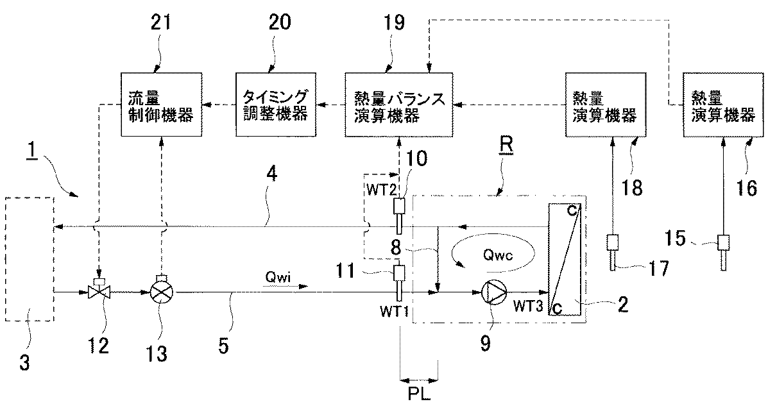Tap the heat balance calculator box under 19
point(398,105)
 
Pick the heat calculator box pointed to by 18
point(606,105)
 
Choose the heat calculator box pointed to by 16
point(723,105)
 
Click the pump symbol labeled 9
point(491,293)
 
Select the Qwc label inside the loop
point(497,256)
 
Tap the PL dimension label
point(419,393)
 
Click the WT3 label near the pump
point(527,306)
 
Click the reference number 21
point(162,22)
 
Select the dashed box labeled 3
point(30,259)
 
